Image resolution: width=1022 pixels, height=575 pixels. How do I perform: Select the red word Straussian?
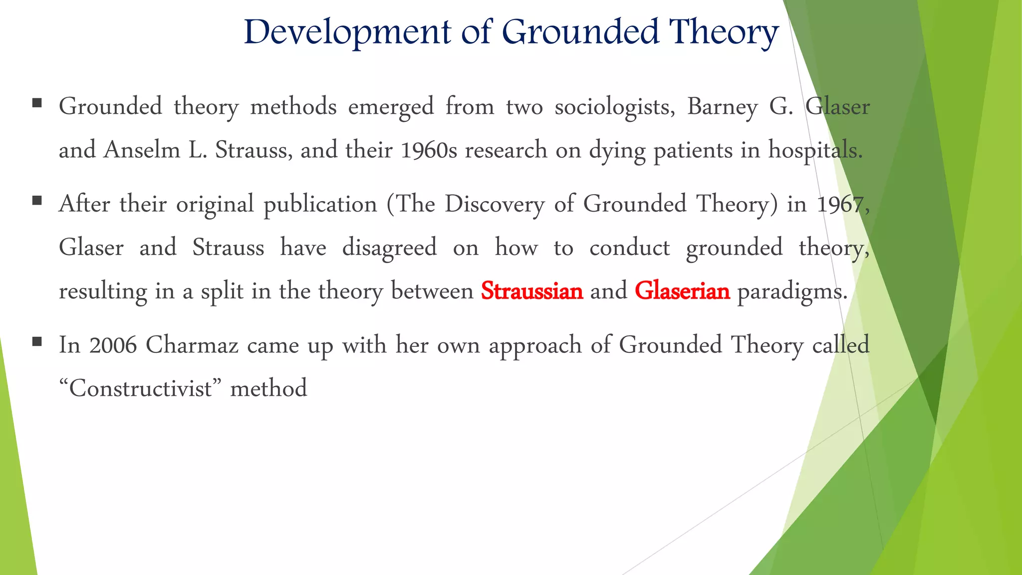pos(532,291)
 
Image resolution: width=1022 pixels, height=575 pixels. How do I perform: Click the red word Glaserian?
pos(682,291)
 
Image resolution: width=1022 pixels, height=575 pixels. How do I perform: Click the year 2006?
pos(113,345)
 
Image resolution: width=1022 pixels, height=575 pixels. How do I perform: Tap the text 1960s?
pos(429,150)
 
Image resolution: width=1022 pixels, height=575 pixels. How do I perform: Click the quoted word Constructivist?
pos(140,388)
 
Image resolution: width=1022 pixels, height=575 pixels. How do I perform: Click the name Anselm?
pos(142,150)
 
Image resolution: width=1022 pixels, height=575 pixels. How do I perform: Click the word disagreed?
pos(389,248)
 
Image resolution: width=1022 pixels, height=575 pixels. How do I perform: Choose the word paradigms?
pos(792,291)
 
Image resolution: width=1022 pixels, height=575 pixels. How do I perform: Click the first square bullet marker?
pos(36,103)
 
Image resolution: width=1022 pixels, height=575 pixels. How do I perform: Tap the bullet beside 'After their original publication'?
pos(36,201)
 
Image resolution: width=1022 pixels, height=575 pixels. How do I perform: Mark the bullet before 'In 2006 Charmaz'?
pos(36,342)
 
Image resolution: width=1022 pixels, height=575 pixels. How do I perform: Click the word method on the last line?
pos(268,388)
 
